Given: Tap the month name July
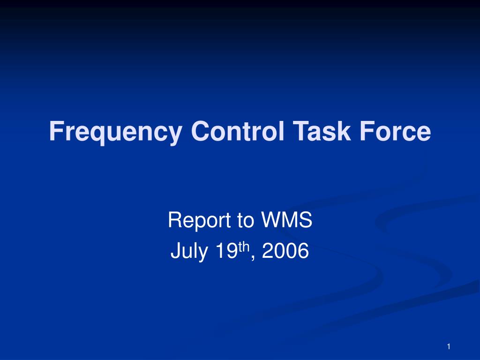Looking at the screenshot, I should point(187,252).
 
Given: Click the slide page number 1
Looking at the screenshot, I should point(449,346).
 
